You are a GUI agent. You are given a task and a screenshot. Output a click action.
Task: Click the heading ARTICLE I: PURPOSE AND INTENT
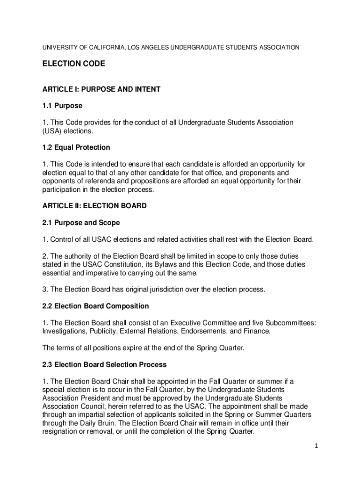tap(101, 89)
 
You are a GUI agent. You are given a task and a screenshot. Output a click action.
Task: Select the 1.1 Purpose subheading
tap(62, 106)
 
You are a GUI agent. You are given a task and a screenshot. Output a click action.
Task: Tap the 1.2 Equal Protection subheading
tap(76, 147)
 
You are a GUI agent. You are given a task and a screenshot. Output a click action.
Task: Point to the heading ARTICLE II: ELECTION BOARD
tap(94, 206)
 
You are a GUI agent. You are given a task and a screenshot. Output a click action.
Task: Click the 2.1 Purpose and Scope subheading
tap(81, 223)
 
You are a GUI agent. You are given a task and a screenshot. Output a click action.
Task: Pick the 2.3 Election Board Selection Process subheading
tap(104, 364)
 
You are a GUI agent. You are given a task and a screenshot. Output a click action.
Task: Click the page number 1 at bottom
tap(316, 446)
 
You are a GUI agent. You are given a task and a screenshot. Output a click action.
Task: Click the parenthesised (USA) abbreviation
tap(52, 131)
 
